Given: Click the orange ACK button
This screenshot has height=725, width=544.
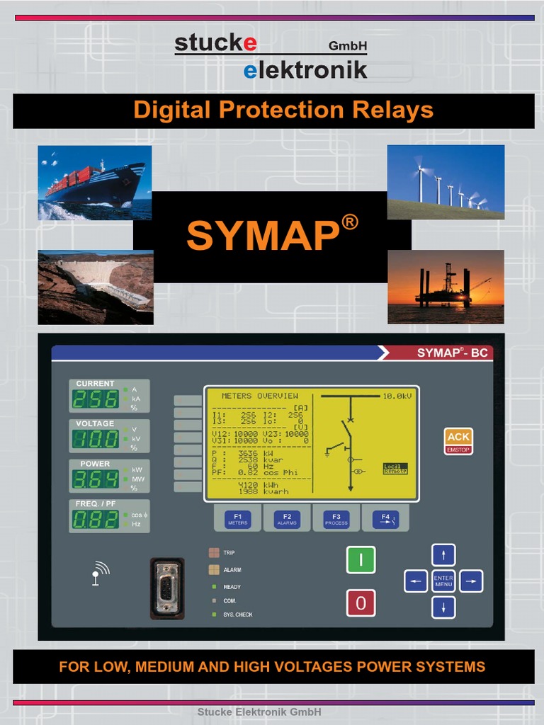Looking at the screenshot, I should point(458,437).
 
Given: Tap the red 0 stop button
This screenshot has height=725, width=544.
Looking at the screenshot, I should point(361,603).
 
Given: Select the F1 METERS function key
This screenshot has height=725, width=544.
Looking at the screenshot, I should point(238,519).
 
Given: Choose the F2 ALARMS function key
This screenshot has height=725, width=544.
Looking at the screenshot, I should point(287,519).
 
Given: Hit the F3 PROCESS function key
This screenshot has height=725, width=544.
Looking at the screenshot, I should point(336,519).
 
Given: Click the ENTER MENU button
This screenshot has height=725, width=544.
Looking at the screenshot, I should point(443,581).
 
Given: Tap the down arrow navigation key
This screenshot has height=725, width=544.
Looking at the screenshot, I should point(443,607).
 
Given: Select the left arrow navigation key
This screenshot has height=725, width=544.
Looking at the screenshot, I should point(416,581).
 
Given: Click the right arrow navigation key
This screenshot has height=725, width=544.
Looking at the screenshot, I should point(471,581).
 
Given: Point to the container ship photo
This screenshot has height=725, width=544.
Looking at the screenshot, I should point(95,183).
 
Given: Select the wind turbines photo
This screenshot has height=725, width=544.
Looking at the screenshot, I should point(446,182).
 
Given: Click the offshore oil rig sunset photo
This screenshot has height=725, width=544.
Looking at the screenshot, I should point(446,287).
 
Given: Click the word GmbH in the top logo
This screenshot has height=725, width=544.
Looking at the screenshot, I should point(348,47).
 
